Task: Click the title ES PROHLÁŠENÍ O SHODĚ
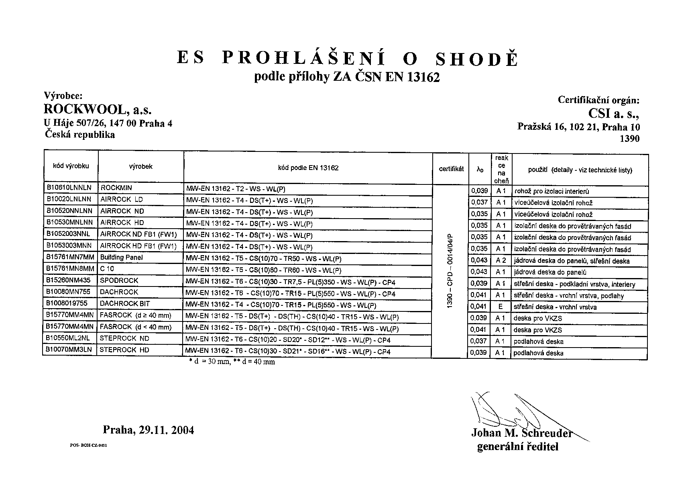click(348, 59)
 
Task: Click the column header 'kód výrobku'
click(71, 166)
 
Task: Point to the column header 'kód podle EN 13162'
click(308, 168)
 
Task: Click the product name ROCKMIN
click(116, 188)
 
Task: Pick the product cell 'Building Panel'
click(121, 258)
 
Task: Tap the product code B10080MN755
click(68, 292)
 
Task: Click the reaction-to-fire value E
click(501, 307)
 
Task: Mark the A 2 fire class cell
click(501, 260)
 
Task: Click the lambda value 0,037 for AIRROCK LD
click(479, 203)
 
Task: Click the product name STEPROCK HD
click(124, 350)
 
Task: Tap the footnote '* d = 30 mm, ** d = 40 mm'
click(232, 362)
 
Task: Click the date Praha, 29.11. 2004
click(149, 430)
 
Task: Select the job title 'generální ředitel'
click(517, 447)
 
